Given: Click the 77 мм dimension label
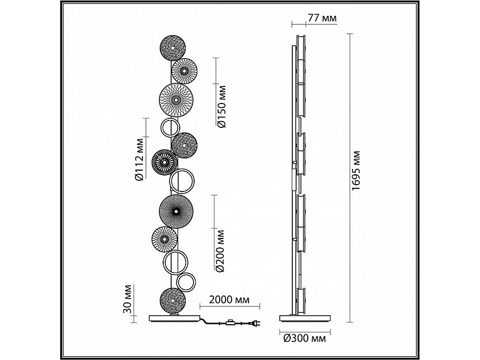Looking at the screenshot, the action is pos(322,18).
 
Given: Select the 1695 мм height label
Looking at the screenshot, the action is pos(356,171).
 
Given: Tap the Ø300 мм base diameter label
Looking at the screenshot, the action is pos(305,338).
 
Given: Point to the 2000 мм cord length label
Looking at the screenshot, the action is pos(229,299).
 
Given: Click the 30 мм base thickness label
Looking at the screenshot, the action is pos(127,299).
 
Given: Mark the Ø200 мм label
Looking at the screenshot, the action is pos(220,251).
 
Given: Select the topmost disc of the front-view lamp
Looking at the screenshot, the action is pos(173,48).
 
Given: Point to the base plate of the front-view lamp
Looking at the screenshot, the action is pos(175,318).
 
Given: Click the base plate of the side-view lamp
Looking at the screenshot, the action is pos(305,318).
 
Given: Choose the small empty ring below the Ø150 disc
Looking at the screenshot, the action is pos(170,127).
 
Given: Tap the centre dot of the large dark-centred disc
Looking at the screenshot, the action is pos(176,211).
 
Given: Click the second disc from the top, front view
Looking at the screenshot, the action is pos(185,71).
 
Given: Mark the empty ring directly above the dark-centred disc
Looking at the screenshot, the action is pos(182,181).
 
